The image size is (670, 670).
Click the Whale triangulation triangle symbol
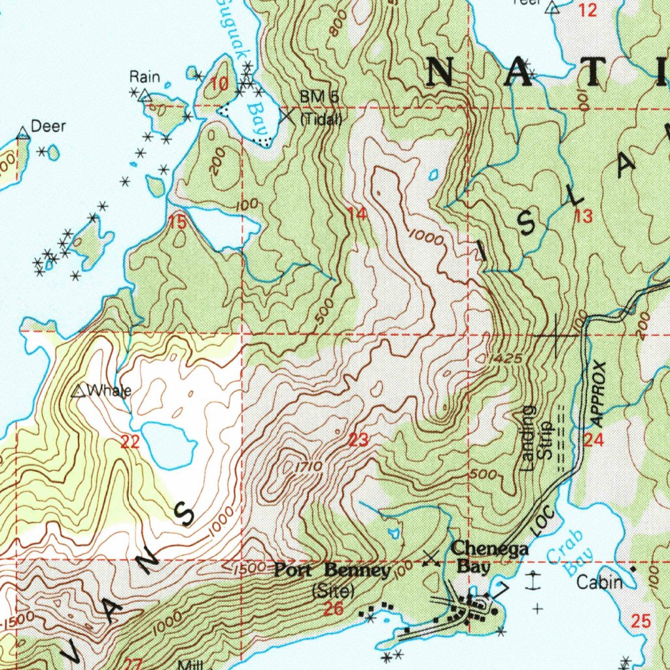coord(79,392)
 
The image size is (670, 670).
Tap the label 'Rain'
coord(145,77)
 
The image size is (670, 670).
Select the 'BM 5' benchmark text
coord(319,97)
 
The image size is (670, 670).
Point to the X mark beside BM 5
coord(287,116)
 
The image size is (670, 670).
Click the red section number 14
coord(358,214)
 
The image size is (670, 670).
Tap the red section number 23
coord(358,440)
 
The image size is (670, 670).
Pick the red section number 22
coord(130,442)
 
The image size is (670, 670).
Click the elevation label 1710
coord(306,467)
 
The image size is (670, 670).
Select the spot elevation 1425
coord(503,359)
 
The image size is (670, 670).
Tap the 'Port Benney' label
coord(332,571)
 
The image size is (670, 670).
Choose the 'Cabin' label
coord(599,582)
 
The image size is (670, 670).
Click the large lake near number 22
coord(167,444)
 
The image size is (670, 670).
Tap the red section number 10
coord(220,84)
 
